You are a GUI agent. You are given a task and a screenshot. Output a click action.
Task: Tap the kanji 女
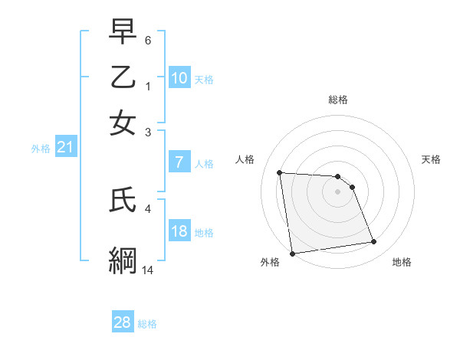tap(123, 123)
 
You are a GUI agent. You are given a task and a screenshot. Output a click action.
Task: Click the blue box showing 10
tap(179, 77)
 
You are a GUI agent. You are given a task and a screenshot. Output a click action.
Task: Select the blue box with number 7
tap(179, 162)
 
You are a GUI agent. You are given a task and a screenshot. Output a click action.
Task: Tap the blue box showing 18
tap(179, 231)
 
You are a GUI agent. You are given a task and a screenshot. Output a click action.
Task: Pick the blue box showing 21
tap(64, 148)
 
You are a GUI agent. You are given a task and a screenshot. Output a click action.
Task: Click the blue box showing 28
tap(122, 322)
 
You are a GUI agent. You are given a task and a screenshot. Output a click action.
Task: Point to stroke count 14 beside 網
tap(148, 270)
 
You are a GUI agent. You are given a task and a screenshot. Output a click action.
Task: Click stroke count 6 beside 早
tap(148, 39)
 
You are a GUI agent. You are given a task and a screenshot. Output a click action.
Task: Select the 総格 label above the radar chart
tap(337, 100)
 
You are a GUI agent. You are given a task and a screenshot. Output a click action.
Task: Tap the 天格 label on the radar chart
tap(431, 159)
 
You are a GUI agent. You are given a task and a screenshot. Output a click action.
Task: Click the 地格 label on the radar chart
tap(402, 262)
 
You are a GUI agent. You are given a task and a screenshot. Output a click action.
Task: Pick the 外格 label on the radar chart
tap(270, 262)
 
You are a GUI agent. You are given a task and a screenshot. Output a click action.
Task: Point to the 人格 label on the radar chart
tap(245, 159)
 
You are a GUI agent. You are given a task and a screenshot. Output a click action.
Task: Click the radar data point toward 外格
tap(292, 254)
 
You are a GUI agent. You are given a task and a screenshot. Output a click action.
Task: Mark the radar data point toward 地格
tap(374, 242)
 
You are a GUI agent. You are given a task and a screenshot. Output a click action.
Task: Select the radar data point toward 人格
tap(280, 172)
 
